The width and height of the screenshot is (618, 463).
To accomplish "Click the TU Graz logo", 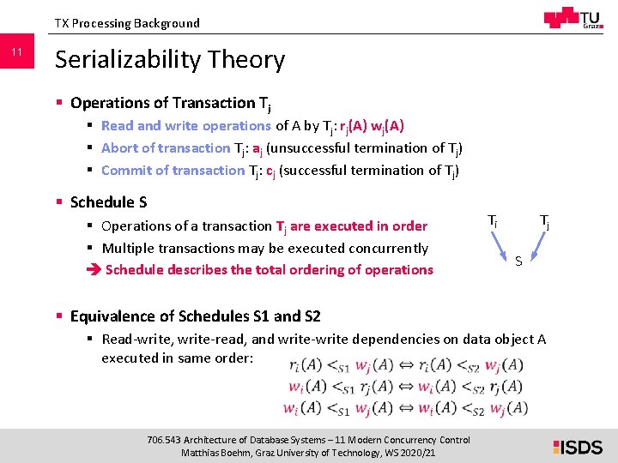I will [x=572, y=19].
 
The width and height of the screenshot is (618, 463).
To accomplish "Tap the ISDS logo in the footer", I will [x=578, y=446].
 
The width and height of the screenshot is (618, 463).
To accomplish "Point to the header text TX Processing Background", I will [x=127, y=23].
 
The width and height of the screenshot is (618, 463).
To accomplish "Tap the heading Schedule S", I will [x=108, y=202].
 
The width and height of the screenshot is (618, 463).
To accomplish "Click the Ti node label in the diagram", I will [x=493, y=221].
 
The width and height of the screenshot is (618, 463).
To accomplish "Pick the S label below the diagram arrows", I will [x=518, y=261].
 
